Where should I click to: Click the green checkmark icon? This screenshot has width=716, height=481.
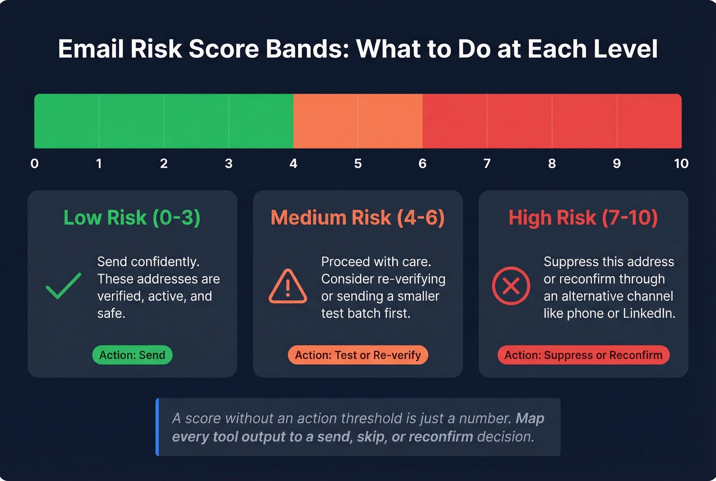63,286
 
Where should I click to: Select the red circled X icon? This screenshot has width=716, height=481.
511,286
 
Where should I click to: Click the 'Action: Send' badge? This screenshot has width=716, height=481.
132,355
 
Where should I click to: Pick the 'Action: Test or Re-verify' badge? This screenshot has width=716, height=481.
358,355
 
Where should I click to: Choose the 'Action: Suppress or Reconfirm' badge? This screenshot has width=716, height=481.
584,355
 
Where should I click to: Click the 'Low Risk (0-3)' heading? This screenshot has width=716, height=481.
132,218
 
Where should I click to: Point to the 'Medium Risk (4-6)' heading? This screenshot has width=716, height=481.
357,218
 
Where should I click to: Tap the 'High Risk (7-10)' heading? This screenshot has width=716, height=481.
583,218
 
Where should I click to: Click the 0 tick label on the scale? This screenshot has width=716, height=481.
35,164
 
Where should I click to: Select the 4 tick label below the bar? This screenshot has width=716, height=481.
294,164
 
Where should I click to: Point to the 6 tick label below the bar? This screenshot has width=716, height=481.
422,164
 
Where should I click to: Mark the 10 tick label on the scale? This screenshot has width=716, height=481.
681,164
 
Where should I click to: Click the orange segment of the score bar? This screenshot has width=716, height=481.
358,121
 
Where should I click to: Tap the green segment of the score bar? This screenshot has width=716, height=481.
164,121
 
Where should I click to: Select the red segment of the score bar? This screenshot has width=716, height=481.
552,121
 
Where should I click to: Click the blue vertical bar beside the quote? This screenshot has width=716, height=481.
158,427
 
